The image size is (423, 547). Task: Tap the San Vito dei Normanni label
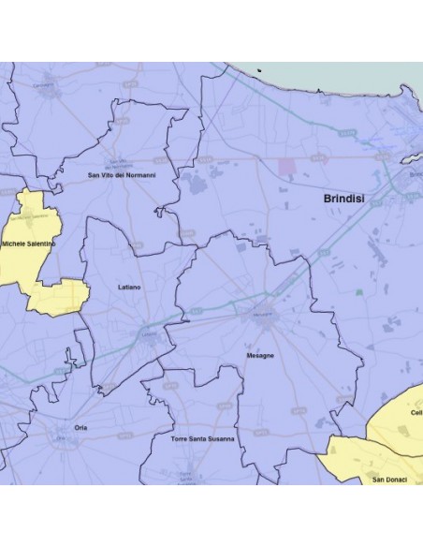pos(122,175)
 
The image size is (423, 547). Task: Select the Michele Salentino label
pos(29,244)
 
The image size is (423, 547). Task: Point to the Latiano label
pos(129,287)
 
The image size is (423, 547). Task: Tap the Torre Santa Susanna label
pos(202,437)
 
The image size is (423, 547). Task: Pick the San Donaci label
pos(388,480)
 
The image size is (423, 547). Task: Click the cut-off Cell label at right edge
pos(416,412)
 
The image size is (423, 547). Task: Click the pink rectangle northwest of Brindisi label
pos(287,167)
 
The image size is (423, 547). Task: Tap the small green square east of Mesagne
pos(357,292)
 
